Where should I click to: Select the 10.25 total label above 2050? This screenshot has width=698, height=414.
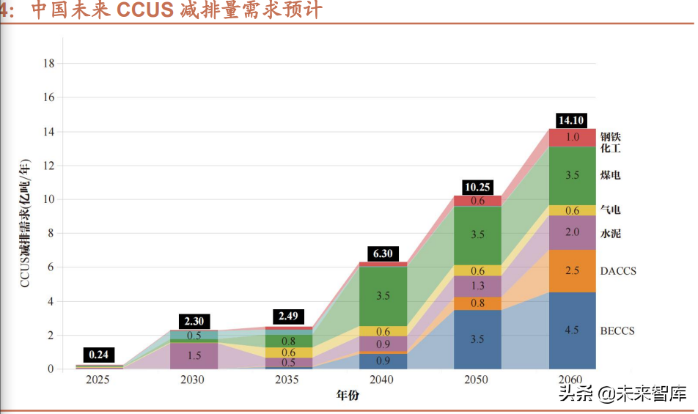pyautogui.click(x=477, y=188)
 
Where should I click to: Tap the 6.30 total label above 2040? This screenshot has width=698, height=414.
pyautogui.click(x=382, y=254)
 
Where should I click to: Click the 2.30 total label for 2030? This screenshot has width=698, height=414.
pyautogui.click(x=194, y=321)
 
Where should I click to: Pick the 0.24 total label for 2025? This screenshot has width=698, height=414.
pyautogui.click(x=98, y=355)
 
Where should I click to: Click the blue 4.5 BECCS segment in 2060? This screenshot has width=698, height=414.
pyautogui.click(x=573, y=330)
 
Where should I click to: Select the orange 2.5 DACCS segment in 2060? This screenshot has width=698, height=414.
pyautogui.click(x=573, y=271)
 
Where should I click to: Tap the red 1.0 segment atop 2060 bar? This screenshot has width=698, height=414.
pyautogui.click(x=573, y=137)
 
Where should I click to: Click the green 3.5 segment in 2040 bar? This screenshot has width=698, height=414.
pyautogui.click(x=383, y=296)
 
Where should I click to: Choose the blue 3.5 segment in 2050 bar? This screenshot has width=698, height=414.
pyautogui.click(x=477, y=339)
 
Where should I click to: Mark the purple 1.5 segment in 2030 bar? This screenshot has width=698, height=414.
pyautogui.click(x=194, y=355)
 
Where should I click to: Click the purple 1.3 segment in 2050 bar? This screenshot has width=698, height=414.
pyautogui.click(x=477, y=286)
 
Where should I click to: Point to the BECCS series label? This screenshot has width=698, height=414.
pyautogui.click(x=617, y=331)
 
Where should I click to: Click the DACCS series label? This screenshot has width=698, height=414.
pyautogui.click(x=618, y=271)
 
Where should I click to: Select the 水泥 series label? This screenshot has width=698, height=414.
pyautogui.click(x=611, y=234)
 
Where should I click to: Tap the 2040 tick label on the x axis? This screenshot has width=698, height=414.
pyautogui.click(x=382, y=380)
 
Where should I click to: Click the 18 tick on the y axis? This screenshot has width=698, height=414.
pyautogui.click(x=49, y=63)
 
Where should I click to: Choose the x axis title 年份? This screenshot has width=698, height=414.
pyautogui.click(x=348, y=396)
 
